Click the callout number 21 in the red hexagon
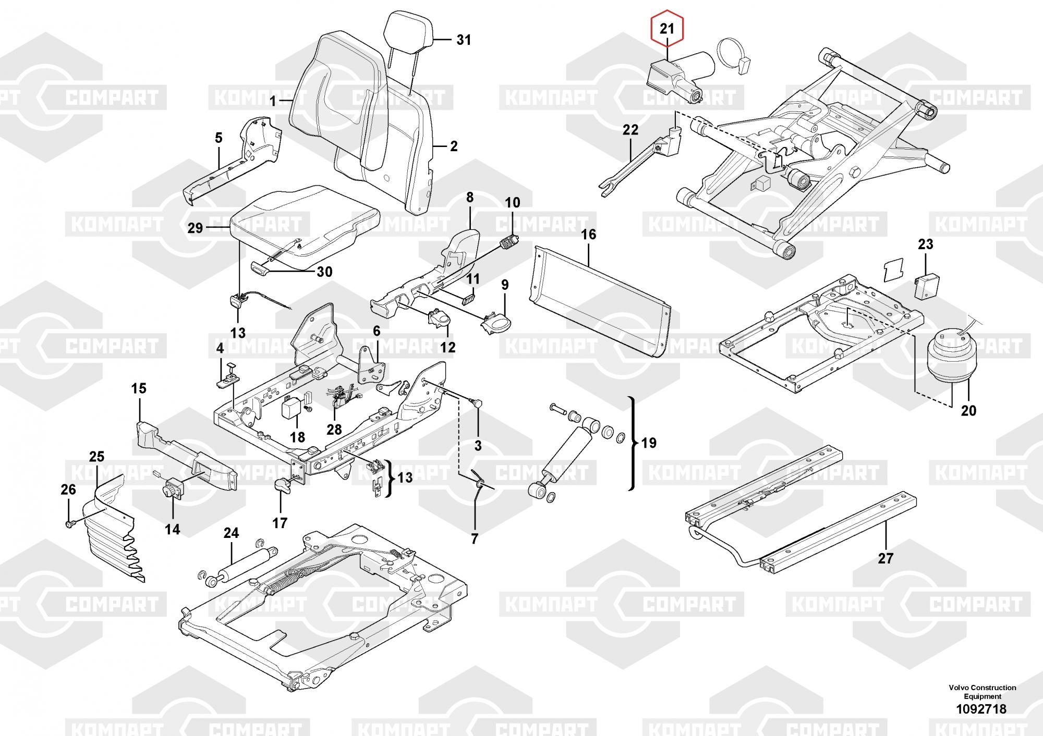click(667, 29)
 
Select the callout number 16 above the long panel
click(588, 235)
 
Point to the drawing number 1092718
click(980, 709)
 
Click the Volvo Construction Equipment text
click(982, 692)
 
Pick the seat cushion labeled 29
click(302, 224)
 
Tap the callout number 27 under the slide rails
click(886, 558)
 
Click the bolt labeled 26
click(70, 523)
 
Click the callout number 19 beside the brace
click(648, 443)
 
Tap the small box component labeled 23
click(926, 287)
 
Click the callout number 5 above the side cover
click(218, 138)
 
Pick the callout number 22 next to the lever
click(630, 130)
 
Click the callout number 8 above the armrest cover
click(469, 198)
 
